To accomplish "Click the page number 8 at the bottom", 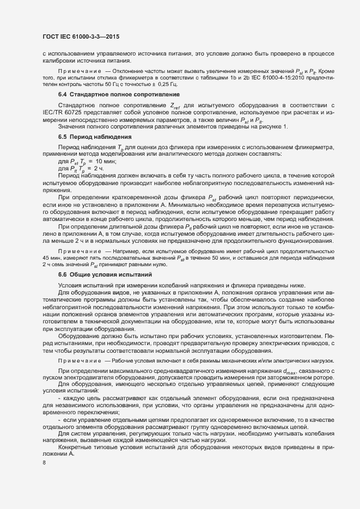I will click(44, 463).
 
